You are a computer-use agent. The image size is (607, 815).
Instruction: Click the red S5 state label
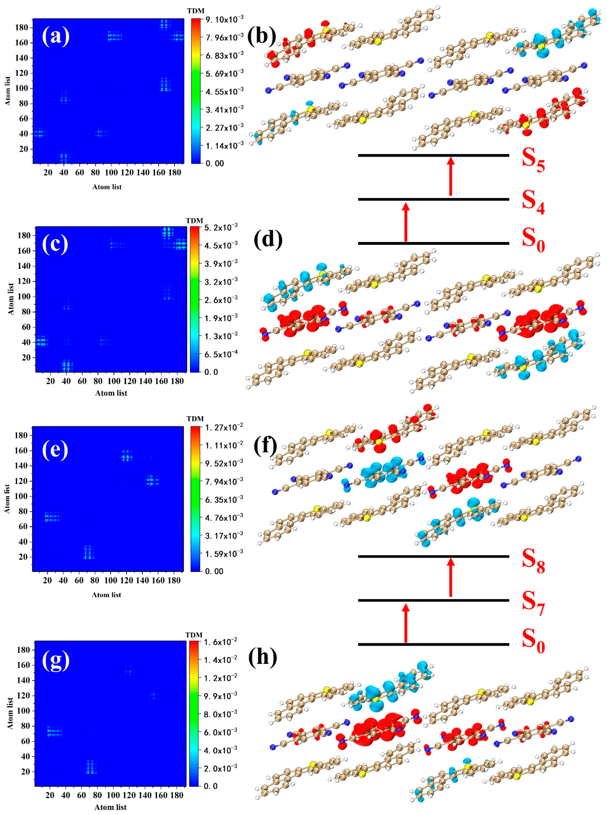point(533,162)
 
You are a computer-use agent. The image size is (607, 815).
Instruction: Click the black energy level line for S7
point(433,600)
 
